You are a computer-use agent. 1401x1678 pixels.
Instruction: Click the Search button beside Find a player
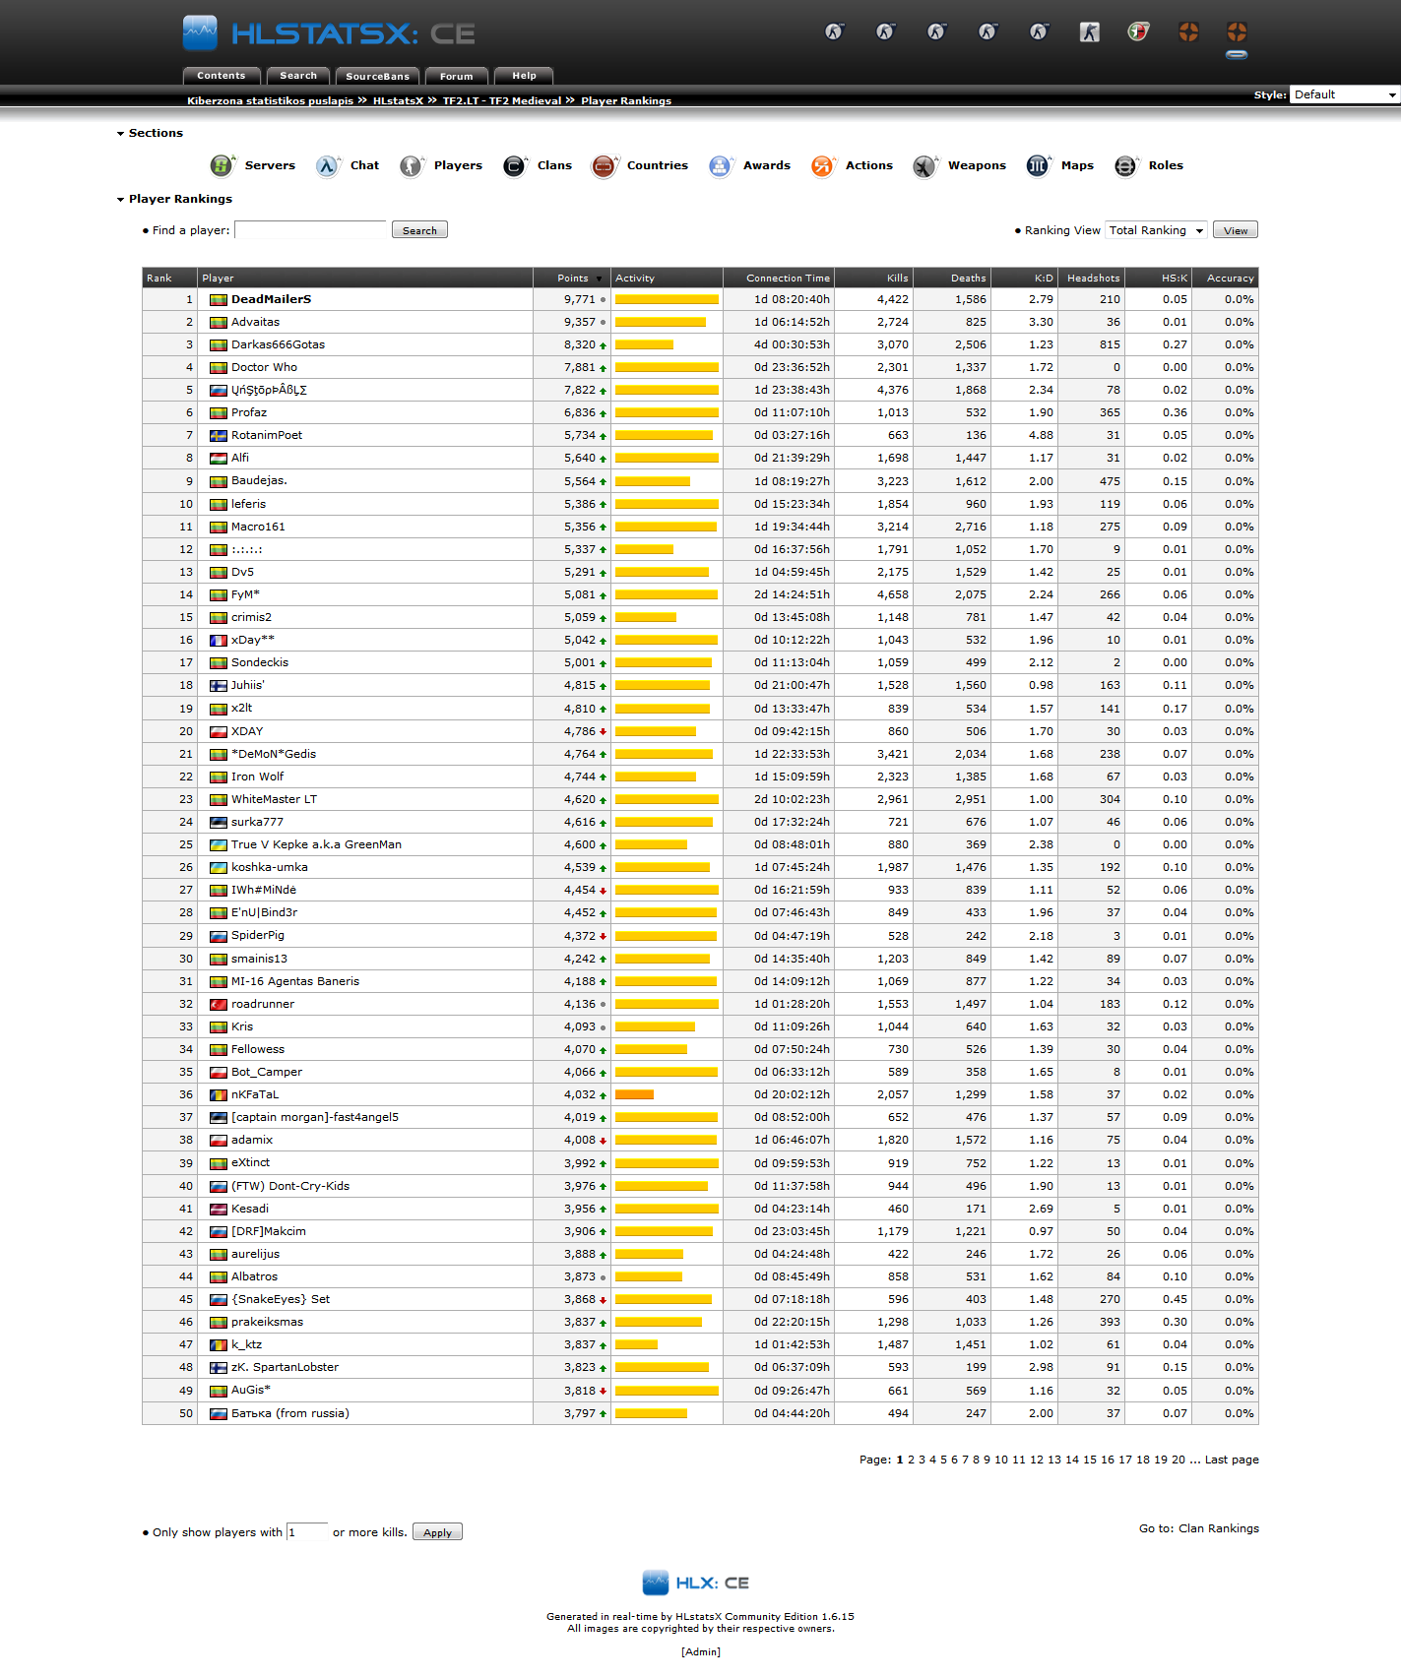pyautogui.click(x=419, y=230)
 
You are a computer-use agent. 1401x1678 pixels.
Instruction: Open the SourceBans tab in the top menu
pyautogui.click(x=377, y=76)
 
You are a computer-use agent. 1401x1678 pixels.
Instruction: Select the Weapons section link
pyautogui.click(x=977, y=165)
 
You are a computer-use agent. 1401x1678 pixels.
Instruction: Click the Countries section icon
pyautogui.click(x=604, y=166)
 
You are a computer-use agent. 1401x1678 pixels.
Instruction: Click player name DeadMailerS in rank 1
pyautogui.click(x=271, y=299)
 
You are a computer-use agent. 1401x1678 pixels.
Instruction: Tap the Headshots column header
pyautogui.click(x=1093, y=279)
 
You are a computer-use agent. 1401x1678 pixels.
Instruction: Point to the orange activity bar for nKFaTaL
pyautogui.click(x=634, y=1094)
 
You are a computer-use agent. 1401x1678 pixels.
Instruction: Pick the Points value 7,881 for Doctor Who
pyautogui.click(x=579, y=367)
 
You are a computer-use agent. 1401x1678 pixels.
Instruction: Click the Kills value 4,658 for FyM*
pyautogui.click(x=892, y=594)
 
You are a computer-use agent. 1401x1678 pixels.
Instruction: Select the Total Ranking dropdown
pyautogui.click(x=1156, y=230)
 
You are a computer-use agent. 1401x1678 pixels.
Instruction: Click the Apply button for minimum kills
pyautogui.click(x=437, y=1532)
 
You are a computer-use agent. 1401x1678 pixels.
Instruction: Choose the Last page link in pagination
pyautogui.click(x=1232, y=1460)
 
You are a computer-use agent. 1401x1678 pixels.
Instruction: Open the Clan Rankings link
pyautogui.click(x=1218, y=1528)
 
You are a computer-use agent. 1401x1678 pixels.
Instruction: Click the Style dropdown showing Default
pyautogui.click(x=1344, y=94)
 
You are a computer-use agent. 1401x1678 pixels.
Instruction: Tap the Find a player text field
pyautogui.click(x=310, y=230)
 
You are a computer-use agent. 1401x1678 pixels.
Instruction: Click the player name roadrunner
pyautogui.click(x=263, y=1004)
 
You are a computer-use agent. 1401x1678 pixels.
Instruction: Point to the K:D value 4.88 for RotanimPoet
pyautogui.click(x=1041, y=435)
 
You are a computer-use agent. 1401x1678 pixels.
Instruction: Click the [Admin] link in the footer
pyautogui.click(x=700, y=1651)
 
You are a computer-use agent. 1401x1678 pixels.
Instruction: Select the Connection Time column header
pyautogui.click(x=788, y=279)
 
